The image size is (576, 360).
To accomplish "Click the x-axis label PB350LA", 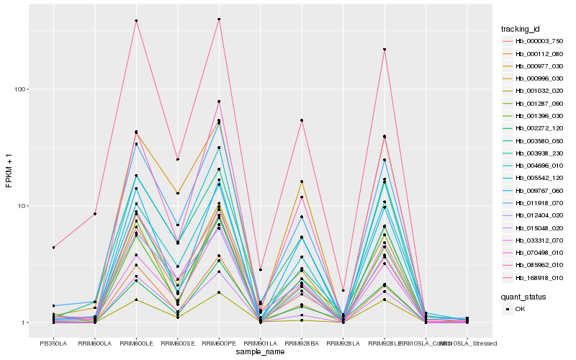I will [53, 343].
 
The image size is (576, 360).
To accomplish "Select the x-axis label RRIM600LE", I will [136, 343].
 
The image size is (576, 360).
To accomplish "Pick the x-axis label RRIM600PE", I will [219, 343].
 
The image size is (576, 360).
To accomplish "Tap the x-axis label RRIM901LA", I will [260, 343].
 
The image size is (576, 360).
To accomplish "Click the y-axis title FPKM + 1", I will [9, 171].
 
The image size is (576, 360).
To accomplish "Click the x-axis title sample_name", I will [260, 351].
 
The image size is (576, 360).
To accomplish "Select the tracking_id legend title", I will [521, 29].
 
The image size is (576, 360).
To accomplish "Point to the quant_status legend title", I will [523, 296].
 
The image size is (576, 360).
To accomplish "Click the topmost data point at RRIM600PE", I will [219, 19].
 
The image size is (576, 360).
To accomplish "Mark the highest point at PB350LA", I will [53, 247].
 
